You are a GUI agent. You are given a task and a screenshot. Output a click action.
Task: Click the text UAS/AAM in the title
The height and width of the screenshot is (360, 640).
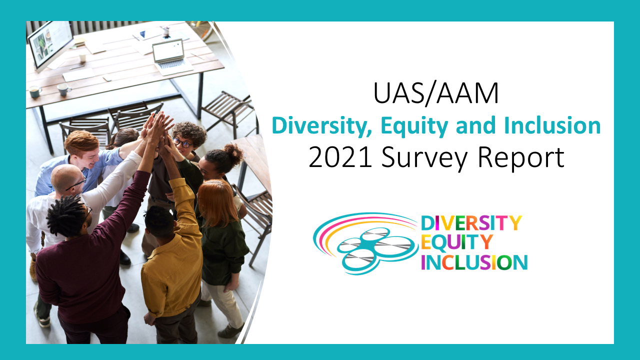click(436, 93)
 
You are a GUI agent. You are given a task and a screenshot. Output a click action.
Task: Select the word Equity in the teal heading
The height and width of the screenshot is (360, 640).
click(414, 126)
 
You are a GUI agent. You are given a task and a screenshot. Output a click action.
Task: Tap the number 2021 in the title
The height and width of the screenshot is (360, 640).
click(340, 157)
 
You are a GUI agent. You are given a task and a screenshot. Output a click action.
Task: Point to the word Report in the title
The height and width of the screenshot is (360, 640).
click(521, 158)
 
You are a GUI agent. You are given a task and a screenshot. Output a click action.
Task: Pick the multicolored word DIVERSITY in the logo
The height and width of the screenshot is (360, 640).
click(471, 223)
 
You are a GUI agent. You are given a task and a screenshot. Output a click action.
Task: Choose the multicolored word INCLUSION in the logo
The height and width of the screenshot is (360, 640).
click(474, 262)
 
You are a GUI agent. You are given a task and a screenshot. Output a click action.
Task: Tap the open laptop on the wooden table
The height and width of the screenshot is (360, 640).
click(171, 56)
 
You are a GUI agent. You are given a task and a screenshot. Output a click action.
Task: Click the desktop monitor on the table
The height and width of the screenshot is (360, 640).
click(51, 45)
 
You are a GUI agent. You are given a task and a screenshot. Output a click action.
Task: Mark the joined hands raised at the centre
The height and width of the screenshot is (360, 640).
click(158, 128)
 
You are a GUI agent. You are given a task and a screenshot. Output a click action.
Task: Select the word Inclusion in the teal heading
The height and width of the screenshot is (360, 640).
click(552, 125)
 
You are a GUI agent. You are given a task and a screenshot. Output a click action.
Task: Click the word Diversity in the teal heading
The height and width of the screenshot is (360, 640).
click(322, 126)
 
